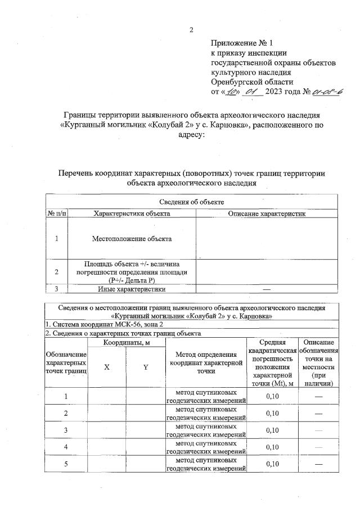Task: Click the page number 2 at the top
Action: [x=191, y=29]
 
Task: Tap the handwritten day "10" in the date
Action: [x=230, y=91]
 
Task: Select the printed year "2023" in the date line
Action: [x=269, y=91]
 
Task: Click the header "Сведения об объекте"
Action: [x=191, y=202]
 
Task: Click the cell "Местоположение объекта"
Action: [x=132, y=239]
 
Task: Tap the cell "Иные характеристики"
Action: [x=132, y=289]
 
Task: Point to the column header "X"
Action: [x=107, y=366]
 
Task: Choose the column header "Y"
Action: [x=145, y=366]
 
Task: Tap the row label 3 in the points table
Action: [x=66, y=430]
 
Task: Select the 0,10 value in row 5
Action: [x=272, y=464]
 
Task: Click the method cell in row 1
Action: [x=206, y=397]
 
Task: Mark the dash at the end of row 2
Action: [x=319, y=414]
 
